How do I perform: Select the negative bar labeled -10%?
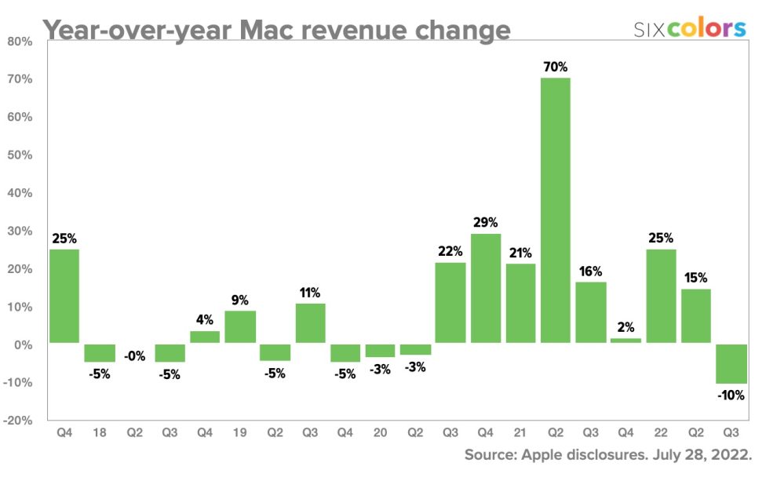731,363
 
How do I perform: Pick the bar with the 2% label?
625,341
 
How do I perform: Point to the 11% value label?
310,293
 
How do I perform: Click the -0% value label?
135,355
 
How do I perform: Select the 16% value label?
590,271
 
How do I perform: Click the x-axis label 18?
99,432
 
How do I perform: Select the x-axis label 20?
381,432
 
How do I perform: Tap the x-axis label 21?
520,432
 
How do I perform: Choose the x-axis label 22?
661,432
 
